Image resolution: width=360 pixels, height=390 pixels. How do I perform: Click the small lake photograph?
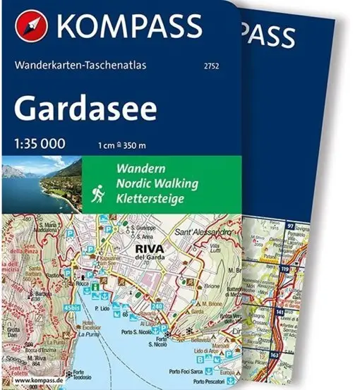(41, 186)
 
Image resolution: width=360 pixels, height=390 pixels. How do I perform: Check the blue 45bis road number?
(71, 307)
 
